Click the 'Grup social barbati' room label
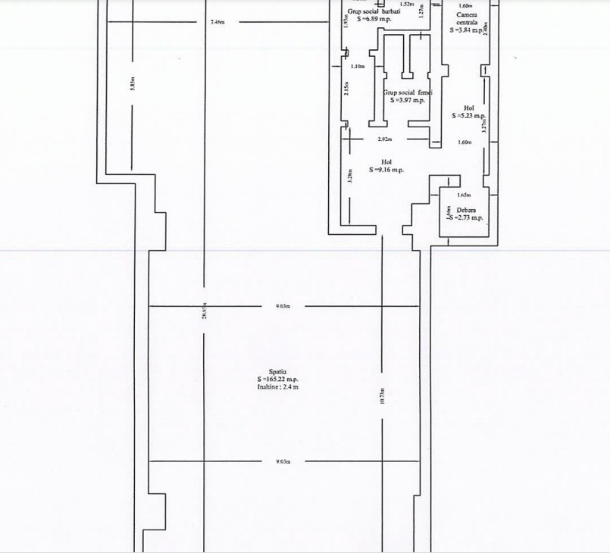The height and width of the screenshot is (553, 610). (x=374, y=11)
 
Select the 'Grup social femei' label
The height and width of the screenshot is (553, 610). (x=407, y=92)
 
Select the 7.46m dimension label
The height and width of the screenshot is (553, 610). (x=217, y=22)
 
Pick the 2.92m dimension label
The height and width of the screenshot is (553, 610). (x=385, y=139)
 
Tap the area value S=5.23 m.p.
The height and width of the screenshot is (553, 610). (x=468, y=116)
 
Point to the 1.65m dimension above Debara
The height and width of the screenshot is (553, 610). (x=465, y=195)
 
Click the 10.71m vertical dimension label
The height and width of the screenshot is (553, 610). (x=383, y=395)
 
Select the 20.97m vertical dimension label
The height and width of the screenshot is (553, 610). (x=204, y=311)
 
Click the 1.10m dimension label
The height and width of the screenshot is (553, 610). (x=358, y=67)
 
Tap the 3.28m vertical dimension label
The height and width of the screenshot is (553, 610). (x=349, y=177)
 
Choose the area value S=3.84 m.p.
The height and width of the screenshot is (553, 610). (x=466, y=30)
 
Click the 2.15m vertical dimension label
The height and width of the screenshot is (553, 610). (x=347, y=89)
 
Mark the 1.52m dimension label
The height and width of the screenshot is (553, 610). (x=407, y=4)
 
